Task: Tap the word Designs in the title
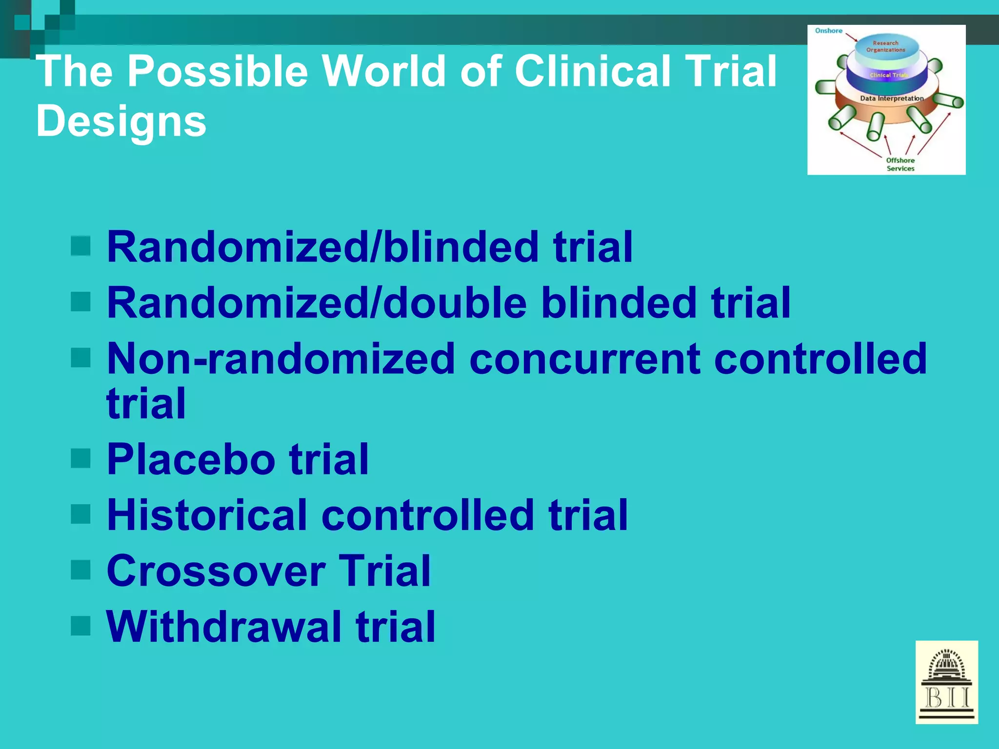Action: pos(121,121)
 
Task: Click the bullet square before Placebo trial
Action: pos(80,458)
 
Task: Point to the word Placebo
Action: pos(191,459)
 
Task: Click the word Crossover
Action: pos(216,571)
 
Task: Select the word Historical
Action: pos(207,515)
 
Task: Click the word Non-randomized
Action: pos(280,359)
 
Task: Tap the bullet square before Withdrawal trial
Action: pos(80,626)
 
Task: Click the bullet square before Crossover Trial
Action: pos(80,570)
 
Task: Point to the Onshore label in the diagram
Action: pos(828,31)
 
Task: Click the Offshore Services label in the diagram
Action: pos(900,164)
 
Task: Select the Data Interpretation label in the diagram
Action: pos(892,99)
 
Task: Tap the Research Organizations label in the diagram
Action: pos(885,46)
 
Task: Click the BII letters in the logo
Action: pos(947,698)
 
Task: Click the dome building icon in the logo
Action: pos(946,666)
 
